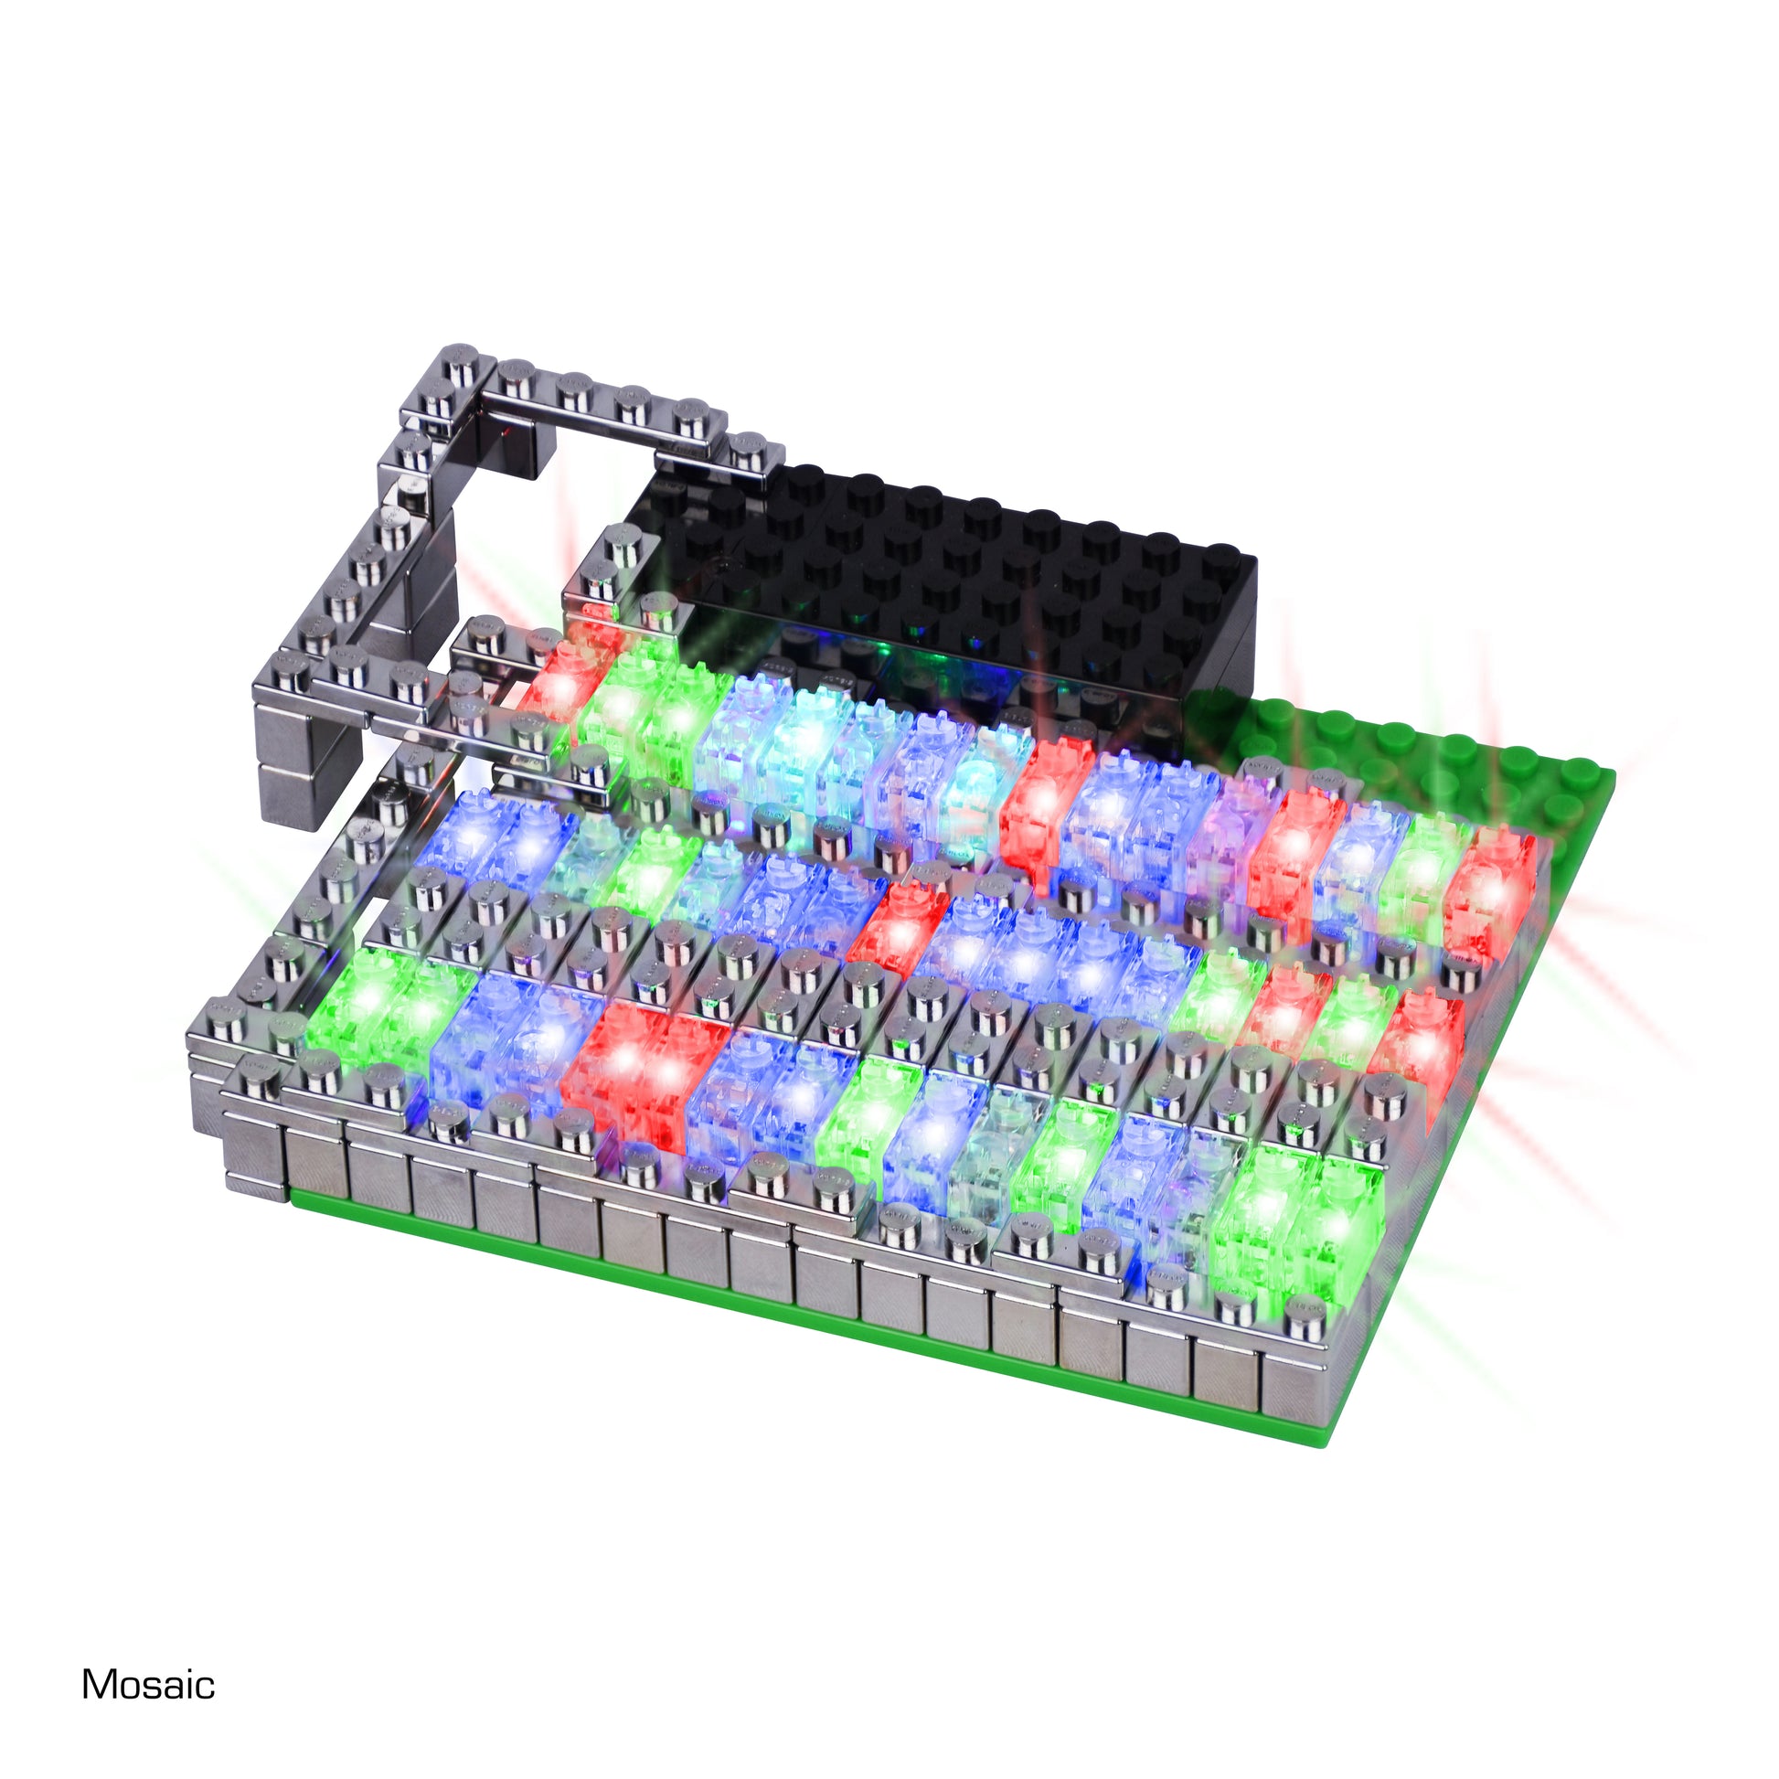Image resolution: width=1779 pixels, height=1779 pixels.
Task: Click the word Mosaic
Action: pos(148,1684)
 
